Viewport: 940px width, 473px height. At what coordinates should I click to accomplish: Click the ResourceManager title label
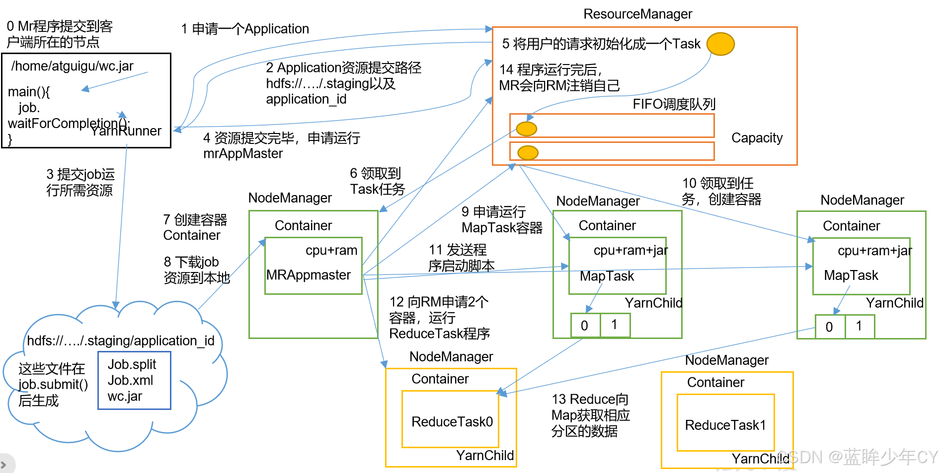[637, 14]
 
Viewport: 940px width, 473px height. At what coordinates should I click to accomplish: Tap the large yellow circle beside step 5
[720, 44]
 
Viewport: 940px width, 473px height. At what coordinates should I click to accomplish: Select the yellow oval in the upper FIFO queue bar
[527, 129]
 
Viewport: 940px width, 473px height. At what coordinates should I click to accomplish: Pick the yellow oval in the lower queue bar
[528, 152]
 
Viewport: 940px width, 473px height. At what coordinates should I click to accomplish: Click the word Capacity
[757, 138]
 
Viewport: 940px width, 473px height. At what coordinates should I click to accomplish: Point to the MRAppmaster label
[309, 275]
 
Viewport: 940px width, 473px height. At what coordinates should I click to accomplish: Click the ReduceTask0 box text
[452, 422]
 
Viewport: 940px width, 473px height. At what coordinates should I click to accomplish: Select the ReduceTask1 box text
[725, 425]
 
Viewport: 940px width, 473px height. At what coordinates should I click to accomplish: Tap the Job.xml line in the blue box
[131, 380]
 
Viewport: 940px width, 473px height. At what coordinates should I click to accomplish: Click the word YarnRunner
[126, 131]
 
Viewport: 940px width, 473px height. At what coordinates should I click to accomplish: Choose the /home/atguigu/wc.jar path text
[73, 66]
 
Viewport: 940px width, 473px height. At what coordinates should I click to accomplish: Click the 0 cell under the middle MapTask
[585, 325]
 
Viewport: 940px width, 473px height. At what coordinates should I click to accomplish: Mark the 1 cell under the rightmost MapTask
[859, 326]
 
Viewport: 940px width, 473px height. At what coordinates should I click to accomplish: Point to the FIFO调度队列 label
[674, 104]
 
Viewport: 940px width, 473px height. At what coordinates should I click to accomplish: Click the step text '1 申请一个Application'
[245, 29]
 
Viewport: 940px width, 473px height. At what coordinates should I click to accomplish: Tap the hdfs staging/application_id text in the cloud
[121, 341]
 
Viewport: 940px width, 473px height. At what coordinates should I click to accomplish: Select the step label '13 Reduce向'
[590, 400]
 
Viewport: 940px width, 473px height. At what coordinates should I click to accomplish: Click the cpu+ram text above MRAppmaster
[331, 251]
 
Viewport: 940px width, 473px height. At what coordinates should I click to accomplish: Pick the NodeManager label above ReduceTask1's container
[727, 360]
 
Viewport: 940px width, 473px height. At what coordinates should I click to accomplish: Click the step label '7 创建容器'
[195, 219]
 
